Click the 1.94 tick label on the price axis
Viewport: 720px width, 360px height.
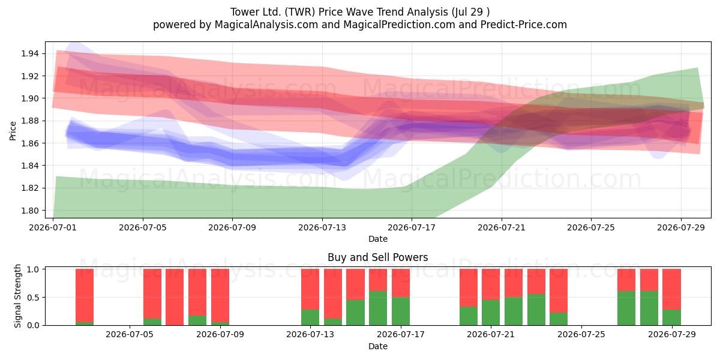29,53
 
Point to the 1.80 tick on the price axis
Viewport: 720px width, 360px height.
29,211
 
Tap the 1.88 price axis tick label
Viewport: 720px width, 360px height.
29,121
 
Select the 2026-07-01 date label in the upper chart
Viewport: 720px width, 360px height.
53,227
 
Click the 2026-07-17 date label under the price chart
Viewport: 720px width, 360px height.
412,227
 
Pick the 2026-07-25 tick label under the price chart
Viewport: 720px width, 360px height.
591,227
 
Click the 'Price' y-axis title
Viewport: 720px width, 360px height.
13,131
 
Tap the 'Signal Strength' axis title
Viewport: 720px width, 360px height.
17,296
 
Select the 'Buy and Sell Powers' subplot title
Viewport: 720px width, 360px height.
377,257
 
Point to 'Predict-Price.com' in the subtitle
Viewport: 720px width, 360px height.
524,25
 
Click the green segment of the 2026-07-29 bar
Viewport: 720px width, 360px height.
671,317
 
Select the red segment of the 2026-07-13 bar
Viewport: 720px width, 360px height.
310,289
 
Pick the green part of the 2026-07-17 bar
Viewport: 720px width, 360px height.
401,311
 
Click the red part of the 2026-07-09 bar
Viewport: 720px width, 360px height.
220,295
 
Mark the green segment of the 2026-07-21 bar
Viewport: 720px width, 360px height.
491,313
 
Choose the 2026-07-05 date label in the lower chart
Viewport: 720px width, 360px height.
130,335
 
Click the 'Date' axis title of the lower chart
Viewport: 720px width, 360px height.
377,347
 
